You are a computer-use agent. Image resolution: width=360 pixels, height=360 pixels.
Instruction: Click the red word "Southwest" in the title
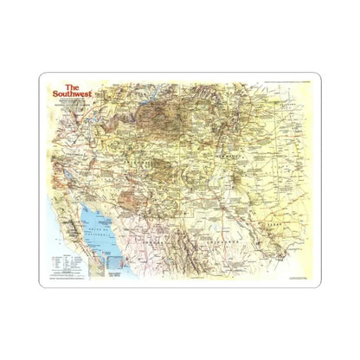(x=71, y=95)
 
